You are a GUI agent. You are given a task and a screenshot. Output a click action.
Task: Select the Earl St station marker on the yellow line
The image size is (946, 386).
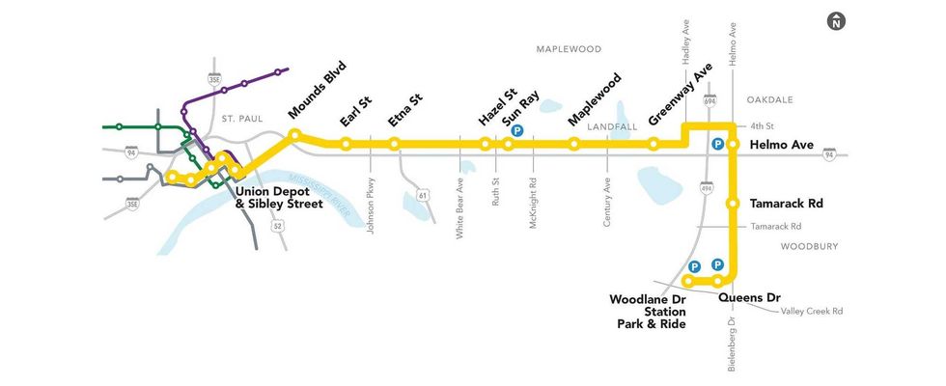click(x=346, y=145)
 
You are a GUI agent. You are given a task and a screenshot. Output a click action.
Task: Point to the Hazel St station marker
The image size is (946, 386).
click(x=486, y=145)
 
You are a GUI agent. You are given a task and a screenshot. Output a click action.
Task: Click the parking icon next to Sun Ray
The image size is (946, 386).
click(x=517, y=131)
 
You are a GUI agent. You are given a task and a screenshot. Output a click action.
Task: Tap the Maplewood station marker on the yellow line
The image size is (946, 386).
click(x=574, y=145)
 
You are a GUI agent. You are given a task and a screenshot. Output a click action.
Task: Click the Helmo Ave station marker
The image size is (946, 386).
click(x=733, y=145)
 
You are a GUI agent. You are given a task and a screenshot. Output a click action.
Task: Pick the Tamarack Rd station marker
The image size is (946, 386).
click(x=733, y=204)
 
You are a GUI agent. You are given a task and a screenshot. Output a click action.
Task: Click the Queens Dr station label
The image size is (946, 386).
click(x=749, y=297)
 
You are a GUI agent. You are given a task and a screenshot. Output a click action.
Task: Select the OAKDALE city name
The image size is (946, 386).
click(x=769, y=99)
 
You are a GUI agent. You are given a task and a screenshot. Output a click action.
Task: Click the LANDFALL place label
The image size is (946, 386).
click(x=613, y=126)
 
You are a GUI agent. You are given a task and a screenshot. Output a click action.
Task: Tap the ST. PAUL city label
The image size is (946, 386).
click(x=241, y=119)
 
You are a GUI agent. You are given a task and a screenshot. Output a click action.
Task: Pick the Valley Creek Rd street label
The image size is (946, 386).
click(x=812, y=312)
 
